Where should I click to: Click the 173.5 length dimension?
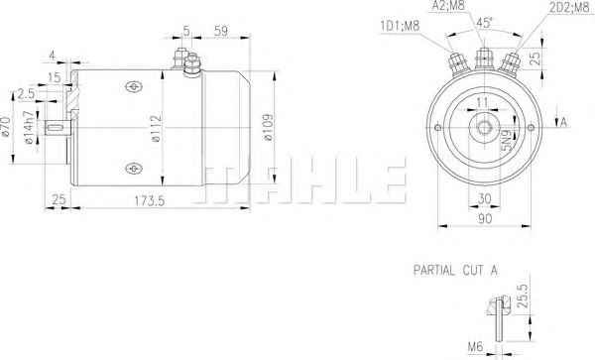click(150, 200)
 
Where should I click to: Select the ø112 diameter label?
click(157, 128)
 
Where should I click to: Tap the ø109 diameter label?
click(269, 127)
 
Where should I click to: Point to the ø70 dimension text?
click(6, 127)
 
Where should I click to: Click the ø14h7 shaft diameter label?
click(29, 128)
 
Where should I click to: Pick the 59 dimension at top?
click(221, 31)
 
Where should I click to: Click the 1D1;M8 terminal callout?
click(400, 26)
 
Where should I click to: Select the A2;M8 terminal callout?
click(448, 5)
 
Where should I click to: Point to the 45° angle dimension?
click(485, 23)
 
